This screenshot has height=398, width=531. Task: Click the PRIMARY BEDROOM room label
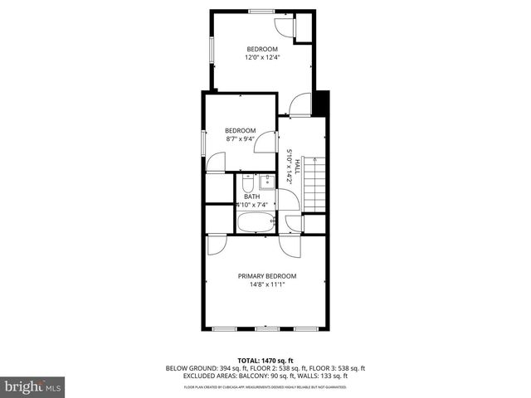coord(266,276)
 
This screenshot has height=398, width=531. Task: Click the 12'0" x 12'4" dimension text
coord(261,57)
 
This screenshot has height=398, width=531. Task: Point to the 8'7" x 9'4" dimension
coord(241,138)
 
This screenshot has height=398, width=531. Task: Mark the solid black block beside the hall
coord(323,104)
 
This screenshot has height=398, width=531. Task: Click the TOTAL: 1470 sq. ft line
coord(266,360)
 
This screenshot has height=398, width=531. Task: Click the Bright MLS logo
coord(33,386)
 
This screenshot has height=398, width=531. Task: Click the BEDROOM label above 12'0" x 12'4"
coord(261,49)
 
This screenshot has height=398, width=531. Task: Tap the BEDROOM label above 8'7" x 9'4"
coord(241,130)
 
